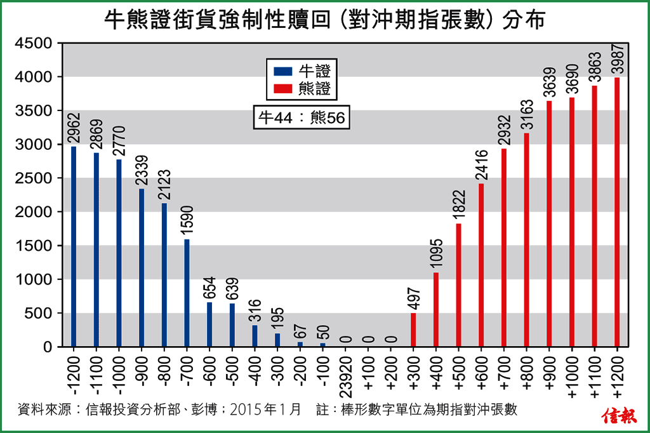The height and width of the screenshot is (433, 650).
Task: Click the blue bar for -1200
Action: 74,246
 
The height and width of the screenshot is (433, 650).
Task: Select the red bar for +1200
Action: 617,212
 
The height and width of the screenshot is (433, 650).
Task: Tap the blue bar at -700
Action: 187,293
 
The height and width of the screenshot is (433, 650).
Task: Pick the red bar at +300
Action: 413,330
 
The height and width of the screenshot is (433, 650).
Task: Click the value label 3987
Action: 617,59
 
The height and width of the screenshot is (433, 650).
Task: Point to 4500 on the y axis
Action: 37,43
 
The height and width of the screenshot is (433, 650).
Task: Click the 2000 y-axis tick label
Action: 37,212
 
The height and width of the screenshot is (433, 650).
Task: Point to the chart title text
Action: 324,20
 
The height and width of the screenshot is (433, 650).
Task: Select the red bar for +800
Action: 526,240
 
